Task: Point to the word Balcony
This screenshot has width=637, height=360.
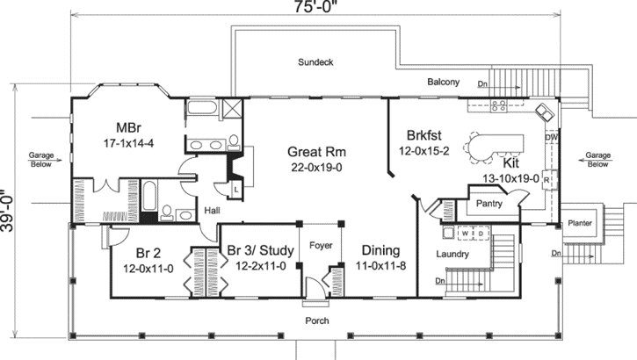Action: coord(443,83)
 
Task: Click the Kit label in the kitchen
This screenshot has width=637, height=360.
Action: coord(510,163)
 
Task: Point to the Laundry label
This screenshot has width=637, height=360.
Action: coord(452,255)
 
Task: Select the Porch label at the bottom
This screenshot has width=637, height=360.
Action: coord(317,320)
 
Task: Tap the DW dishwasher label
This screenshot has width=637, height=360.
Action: coord(551,139)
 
